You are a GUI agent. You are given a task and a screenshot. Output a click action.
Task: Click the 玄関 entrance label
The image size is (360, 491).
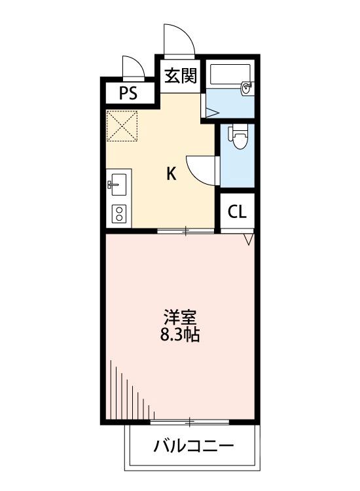click(180, 77)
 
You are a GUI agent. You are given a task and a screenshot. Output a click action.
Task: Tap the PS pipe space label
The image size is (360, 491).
click(128, 93)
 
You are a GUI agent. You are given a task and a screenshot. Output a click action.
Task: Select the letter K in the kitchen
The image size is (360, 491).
click(171, 173)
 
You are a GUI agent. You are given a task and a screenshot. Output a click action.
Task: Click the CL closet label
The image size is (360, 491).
click(236, 211)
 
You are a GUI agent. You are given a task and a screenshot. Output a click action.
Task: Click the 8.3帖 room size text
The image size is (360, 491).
click(179, 337)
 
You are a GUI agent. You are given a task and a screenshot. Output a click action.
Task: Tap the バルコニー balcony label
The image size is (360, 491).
click(194, 447)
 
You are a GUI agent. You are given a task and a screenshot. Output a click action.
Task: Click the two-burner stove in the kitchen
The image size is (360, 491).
click(119, 213)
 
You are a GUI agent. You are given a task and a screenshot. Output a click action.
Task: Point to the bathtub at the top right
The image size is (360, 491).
click(229, 76)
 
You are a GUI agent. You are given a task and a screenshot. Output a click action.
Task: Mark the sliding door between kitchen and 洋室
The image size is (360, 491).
click(186, 230)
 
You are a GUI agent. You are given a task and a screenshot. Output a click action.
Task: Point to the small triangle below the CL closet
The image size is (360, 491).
click(248, 240)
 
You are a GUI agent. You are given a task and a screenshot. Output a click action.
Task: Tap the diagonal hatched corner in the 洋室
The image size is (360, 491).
click(128, 393)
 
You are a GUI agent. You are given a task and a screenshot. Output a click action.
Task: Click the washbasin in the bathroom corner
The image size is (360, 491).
click(247, 86)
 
